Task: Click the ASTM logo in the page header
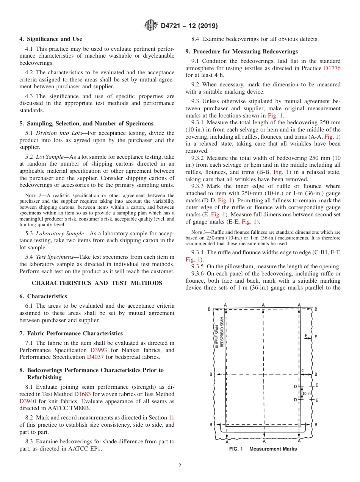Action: pos(151,26)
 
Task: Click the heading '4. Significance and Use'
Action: pos(51,39)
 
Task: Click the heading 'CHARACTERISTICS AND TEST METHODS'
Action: pos(97,283)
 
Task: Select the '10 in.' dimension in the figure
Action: pos(307,393)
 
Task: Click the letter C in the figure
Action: pos(303,370)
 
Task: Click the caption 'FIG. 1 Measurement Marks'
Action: pos(263,449)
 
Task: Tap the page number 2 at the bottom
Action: pos(180,466)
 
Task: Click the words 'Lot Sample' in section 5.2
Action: pos(47,157)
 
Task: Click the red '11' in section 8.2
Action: pos(171,418)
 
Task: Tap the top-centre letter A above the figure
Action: pos(263,305)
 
